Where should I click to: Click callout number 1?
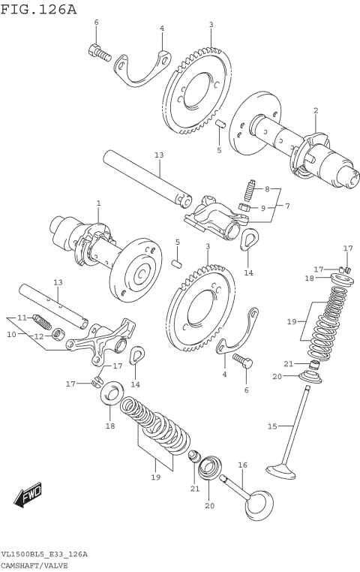(x=98, y=203)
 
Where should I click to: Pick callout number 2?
(x=316, y=111)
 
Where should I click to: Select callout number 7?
(x=286, y=205)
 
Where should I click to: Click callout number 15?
(x=272, y=426)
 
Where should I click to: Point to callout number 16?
(x=242, y=465)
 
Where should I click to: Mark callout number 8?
(x=268, y=188)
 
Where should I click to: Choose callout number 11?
(x=22, y=318)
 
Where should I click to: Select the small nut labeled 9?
(x=244, y=206)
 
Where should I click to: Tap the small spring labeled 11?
(x=43, y=323)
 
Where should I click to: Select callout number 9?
(x=262, y=208)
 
